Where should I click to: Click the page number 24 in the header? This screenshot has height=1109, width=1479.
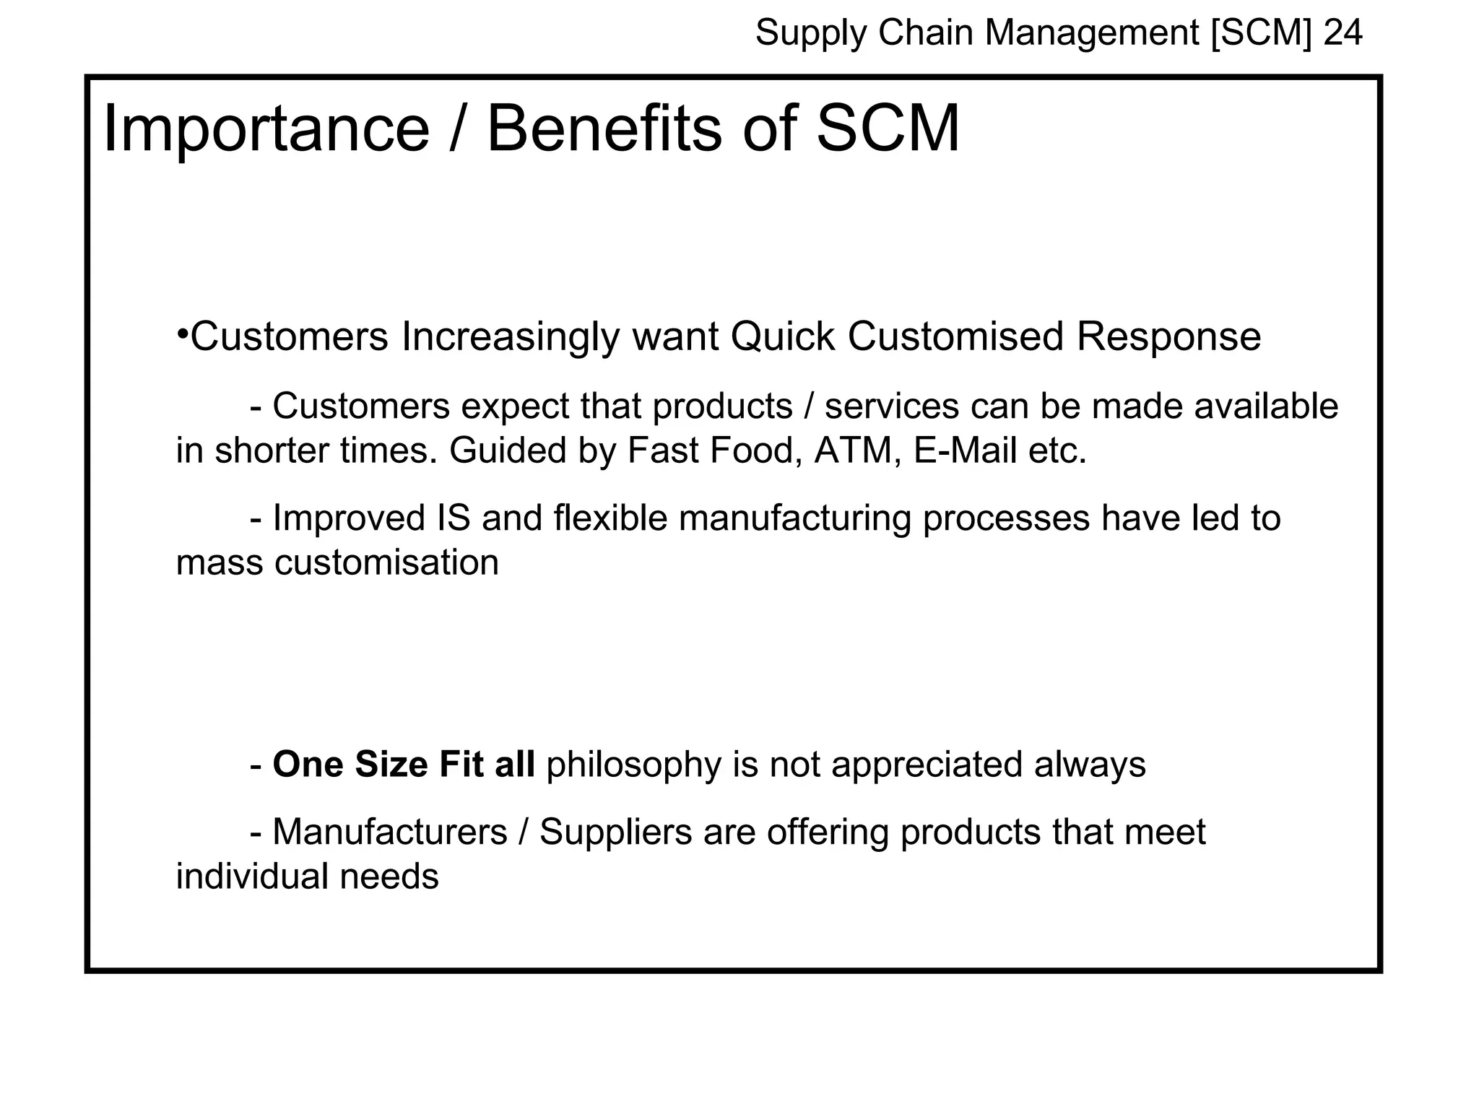click(x=1343, y=33)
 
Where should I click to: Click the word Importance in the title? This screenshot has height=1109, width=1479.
click(x=266, y=130)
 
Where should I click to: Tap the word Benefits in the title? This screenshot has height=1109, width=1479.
click(x=604, y=130)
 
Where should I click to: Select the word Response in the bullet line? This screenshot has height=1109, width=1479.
click(x=1168, y=336)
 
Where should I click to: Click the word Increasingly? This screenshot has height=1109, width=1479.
click(x=510, y=338)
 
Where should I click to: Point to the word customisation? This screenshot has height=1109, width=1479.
click(x=386, y=562)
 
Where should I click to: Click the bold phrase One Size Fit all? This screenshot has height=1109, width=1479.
click(x=404, y=765)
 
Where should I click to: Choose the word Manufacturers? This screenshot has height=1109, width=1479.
click(x=390, y=832)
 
